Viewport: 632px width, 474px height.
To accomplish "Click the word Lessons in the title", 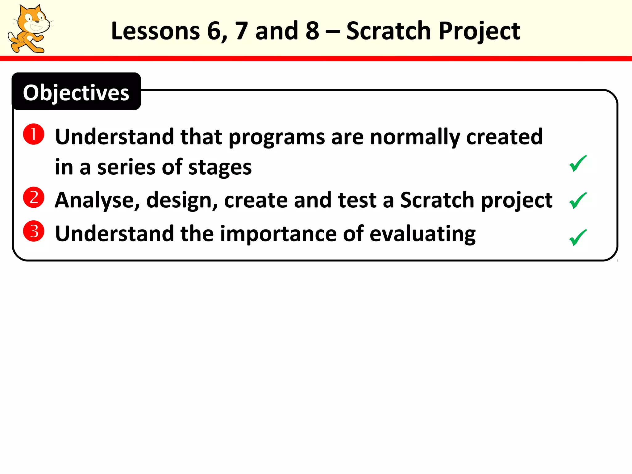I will [x=155, y=31].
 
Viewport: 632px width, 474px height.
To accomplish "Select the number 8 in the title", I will [x=312, y=31].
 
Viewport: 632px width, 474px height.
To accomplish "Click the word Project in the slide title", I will [x=479, y=31].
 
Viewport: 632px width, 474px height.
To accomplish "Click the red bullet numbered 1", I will [x=34, y=134].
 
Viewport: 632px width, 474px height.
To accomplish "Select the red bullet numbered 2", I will [x=34, y=197].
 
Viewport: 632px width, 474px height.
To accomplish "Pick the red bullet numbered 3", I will [x=34, y=231].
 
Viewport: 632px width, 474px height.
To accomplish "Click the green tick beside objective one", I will [x=577, y=163].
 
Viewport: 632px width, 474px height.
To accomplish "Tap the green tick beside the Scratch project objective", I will [x=577, y=200].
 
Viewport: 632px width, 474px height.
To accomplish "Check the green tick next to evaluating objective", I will [x=577, y=237].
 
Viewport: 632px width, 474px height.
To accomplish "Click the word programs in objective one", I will [x=276, y=137].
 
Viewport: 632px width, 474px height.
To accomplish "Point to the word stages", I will [x=220, y=167].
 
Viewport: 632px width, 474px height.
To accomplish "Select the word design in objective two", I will [x=181, y=200].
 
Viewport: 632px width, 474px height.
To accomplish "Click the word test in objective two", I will [x=357, y=200].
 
